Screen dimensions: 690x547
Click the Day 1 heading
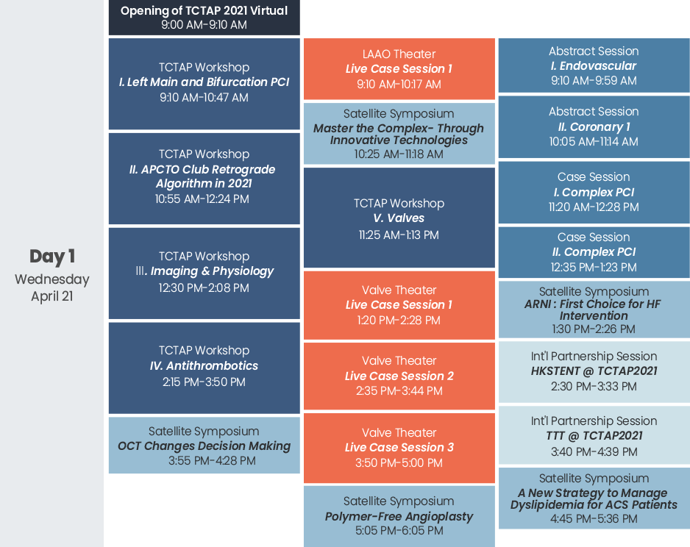pyautogui.click(x=52, y=257)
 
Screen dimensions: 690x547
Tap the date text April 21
pyautogui.click(x=52, y=296)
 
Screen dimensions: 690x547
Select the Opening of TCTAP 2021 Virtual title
pyautogui.click(x=204, y=10)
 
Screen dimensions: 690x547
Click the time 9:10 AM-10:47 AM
pyautogui.click(x=204, y=97)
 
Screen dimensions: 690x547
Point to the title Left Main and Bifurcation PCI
pyautogui.click(x=204, y=82)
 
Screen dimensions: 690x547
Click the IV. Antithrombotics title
pyautogui.click(x=204, y=366)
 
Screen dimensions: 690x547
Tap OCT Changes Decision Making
pyautogui.click(x=204, y=446)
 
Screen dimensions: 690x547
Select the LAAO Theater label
pyautogui.click(x=399, y=54)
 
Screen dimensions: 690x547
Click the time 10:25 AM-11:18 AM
pyautogui.click(x=399, y=154)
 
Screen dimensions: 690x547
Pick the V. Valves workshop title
pyautogui.click(x=399, y=218)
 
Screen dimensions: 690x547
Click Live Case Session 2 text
pyautogui.click(x=399, y=376)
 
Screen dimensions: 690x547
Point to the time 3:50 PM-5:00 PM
pyautogui.click(x=399, y=462)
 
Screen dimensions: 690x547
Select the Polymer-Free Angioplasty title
pyautogui.click(x=399, y=517)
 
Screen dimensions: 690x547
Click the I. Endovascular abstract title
pyautogui.click(x=594, y=66)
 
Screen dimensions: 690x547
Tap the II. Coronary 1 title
pyautogui.click(x=594, y=127)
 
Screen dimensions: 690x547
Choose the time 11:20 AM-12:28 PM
pyautogui.click(x=594, y=207)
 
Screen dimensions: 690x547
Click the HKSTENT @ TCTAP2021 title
pyautogui.click(x=594, y=371)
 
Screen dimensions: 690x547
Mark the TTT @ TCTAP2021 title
pyautogui.click(x=594, y=436)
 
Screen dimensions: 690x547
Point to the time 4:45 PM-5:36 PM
pyautogui.click(x=594, y=519)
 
